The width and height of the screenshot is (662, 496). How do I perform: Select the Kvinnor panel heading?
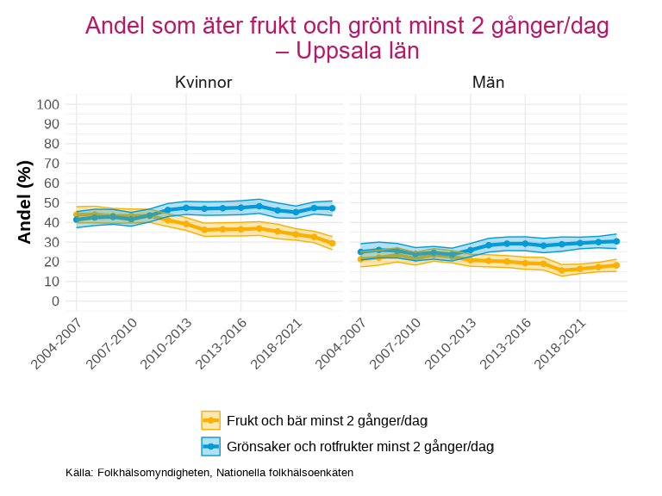coord(203,83)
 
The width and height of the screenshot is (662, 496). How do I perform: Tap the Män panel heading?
coord(488,83)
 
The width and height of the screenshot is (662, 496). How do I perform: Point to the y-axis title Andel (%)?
coord(25,201)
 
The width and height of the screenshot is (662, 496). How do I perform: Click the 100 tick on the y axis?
coord(48,104)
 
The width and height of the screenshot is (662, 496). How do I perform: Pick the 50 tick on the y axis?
coord(52,202)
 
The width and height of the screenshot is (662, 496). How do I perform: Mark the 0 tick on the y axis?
coord(55,301)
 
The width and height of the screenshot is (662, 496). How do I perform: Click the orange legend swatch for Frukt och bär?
coord(211,420)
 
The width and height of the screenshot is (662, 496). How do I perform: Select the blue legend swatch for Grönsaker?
coord(211,446)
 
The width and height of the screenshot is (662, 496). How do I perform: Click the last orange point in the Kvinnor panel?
coord(332,244)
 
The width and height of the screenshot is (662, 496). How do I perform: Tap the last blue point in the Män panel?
coord(616,241)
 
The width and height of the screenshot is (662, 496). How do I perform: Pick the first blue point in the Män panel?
coord(360,251)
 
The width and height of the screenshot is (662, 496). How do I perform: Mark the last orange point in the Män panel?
coord(616,265)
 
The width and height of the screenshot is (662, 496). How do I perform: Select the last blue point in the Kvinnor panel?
coord(332,208)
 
